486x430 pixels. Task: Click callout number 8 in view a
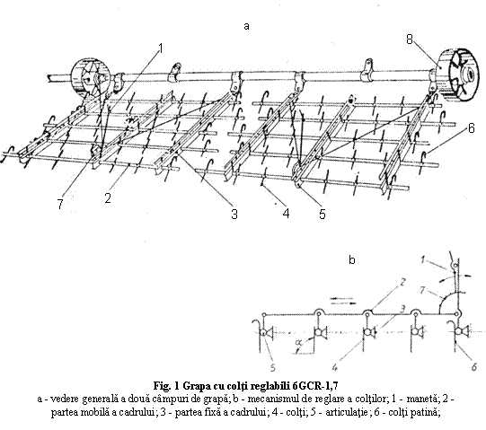(x=410, y=39)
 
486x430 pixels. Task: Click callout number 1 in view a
(x=160, y=48)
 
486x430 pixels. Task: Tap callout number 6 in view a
(x=471, y=128)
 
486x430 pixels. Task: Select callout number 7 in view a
(x=60, y=204)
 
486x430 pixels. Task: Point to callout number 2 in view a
(x=108, y=198)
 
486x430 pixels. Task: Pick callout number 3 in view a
(x=234, y=214)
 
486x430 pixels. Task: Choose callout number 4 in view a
(x=286, y=213)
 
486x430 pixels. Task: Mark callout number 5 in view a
(x=323, y=214)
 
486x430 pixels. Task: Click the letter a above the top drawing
(x=246, y=26)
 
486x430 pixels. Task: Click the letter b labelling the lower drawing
(x=352, y=259)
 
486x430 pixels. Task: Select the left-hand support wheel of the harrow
(x=90, y=76)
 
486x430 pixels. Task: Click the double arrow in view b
(x=343, y=301)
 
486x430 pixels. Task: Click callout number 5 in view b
(x=273, y=367)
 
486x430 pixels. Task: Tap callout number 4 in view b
(x=334, y=367)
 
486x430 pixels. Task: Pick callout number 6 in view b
(x=474, y=367)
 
